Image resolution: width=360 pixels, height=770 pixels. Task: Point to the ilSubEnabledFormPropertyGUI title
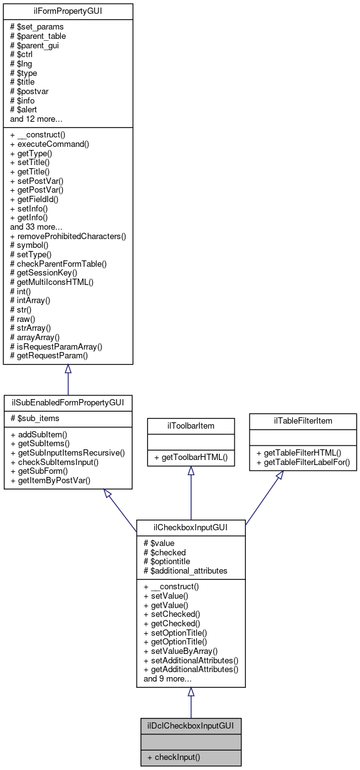pyautogui.click(x=68, y=401)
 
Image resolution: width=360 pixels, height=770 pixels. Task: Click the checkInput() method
pyautogui.click(x=173, y=757)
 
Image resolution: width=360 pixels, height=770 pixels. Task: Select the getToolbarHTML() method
pyautogui.click(x=191, y=458)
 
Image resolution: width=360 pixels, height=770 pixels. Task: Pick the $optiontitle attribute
pyautogui.click(x=167, y=562)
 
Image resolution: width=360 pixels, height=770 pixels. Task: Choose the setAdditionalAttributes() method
pyautogui.click(x=191, y=660)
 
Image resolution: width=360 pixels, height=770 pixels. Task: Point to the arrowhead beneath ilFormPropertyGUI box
pyautogui.click(x=68, y=370)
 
